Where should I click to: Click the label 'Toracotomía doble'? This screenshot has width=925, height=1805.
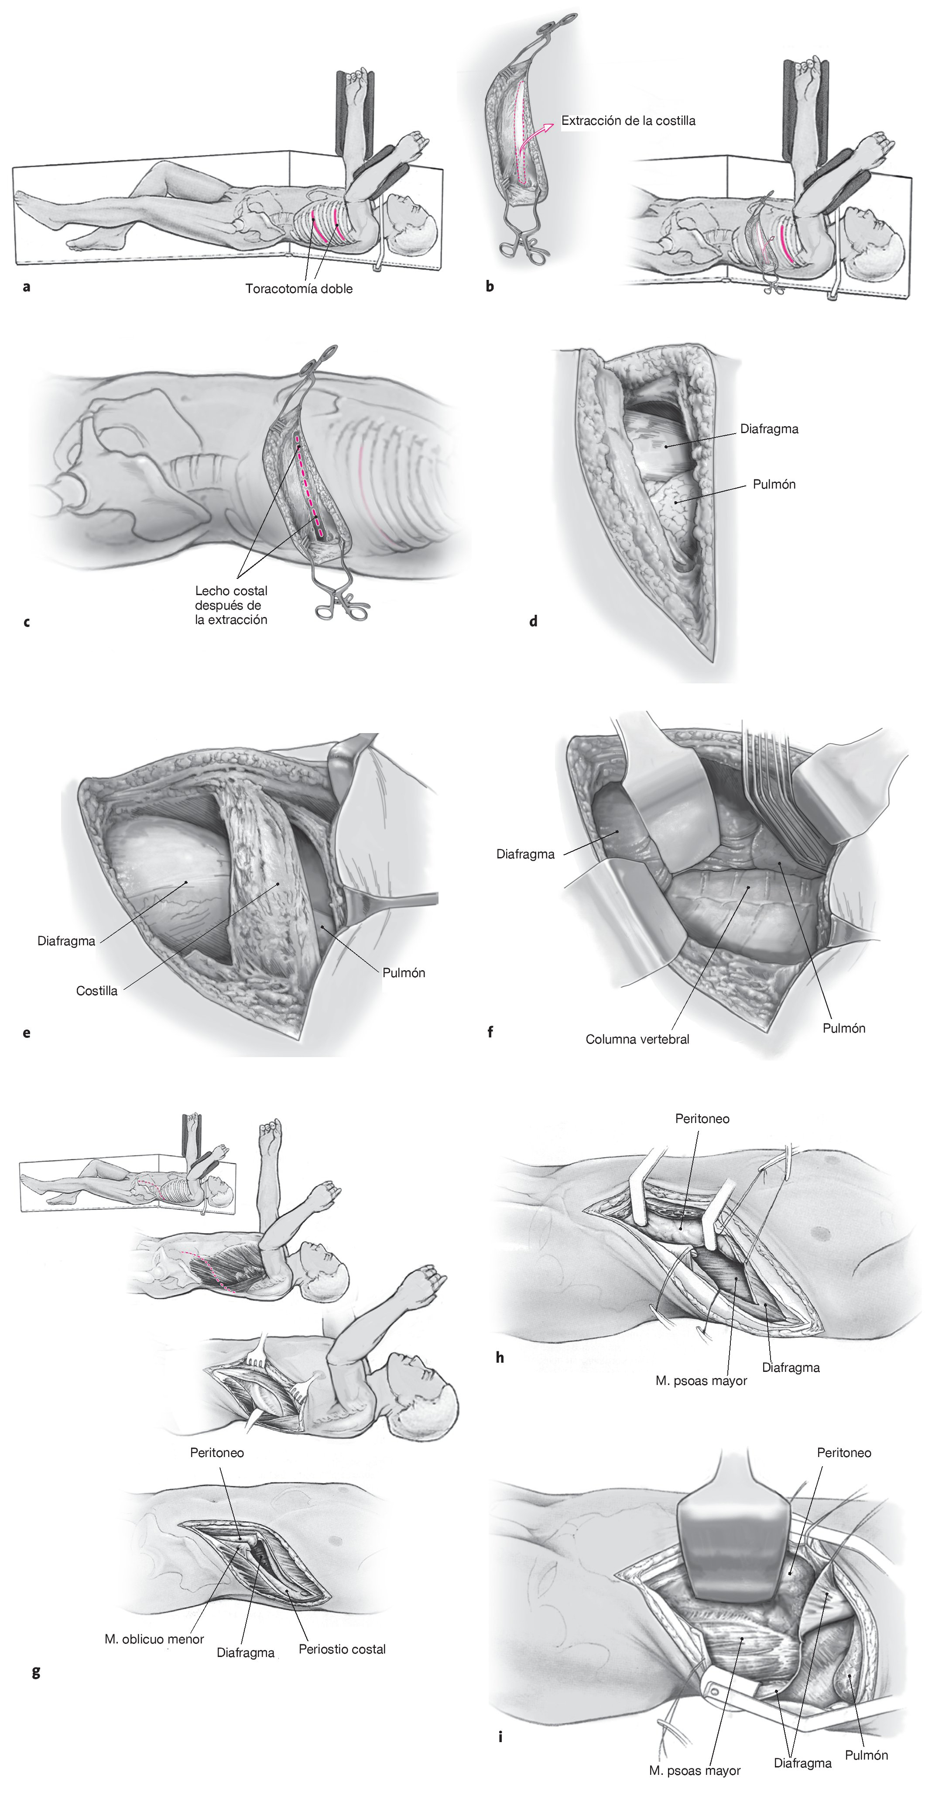[298, 289]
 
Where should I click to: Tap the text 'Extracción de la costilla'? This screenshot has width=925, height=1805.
[628, 121]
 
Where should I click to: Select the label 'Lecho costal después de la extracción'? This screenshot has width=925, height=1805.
[231, 606]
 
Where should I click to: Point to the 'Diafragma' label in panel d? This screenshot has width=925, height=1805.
[769, 429]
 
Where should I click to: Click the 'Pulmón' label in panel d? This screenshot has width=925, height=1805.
[774, 484]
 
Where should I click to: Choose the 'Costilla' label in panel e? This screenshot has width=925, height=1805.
[96, 991]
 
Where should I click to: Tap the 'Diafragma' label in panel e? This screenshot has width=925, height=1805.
[66, 941]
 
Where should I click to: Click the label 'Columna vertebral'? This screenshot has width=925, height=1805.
[637, 1039]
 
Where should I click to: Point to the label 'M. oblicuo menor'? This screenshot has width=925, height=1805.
[154, 1639]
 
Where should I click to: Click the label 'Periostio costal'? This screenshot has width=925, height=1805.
[342, 1649]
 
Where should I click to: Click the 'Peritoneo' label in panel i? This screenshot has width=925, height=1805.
[844, 1453]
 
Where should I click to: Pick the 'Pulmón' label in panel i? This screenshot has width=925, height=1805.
[866, 1755]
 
